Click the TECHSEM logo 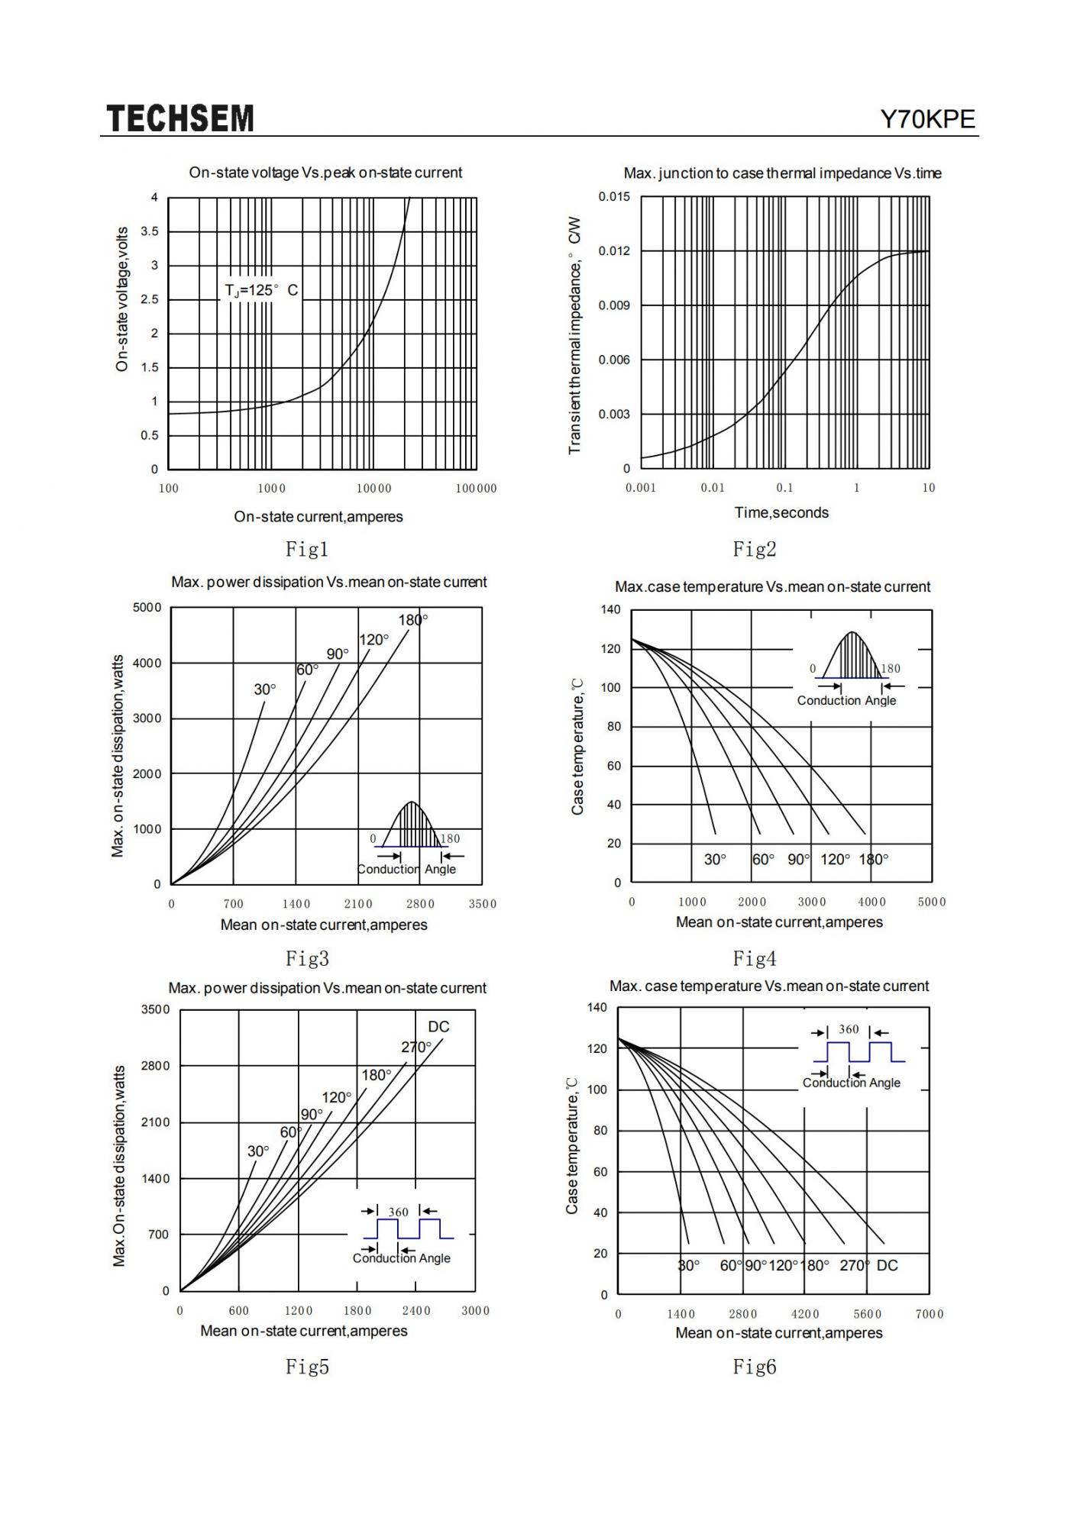pyautogui.click(x=180, y=119)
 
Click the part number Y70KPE pyautogui.click(x=927, y=120)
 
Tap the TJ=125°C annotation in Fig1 pyautogui.click(x=261, y=290)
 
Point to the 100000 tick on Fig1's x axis pyautogui.click(x=476, y=489)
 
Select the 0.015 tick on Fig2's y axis pyautogui.click(x=614, y=197)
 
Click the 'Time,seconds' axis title pyautogui.click(x=781, y=512)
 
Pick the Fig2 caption pyautogui.click(x=754, y=548)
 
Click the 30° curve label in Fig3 pyautogui.click(x=265, y=689)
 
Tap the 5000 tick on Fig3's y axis pyautogui.click(x=147, y=608)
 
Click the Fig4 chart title pyautogui.click(x=772, y=587)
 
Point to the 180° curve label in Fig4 pyautogui.click(x=873, y=860)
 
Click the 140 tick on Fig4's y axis pyautogui.click(x=611, y=610)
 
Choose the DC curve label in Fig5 pyautogui.click(x=438, y=1027)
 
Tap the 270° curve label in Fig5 pyautogui.click(x=416, y=1047)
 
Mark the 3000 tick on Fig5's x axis pyautogui.click(x=475, y=1311)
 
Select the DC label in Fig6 pyautogui.click(x=888, y=1266)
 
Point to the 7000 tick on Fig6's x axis pyautogui.click(x=930, y=1314)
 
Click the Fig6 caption pyautogui.click(x=754, y=1367)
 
